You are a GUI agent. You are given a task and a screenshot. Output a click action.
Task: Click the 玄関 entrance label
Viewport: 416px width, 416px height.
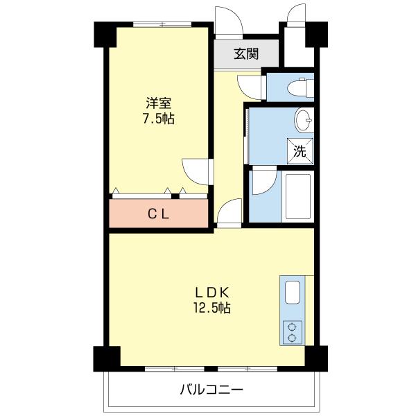pyautogui.click(x=245, y=54)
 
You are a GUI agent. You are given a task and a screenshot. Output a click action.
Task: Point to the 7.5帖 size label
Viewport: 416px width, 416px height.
pyautogui.click(x=159, y=119)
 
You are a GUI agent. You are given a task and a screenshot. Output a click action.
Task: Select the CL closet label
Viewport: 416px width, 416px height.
pyautogui.click(x=159, y=214)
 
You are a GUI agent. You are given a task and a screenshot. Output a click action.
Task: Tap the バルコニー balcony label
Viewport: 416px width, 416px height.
pyautogui.click(x=211, y=390)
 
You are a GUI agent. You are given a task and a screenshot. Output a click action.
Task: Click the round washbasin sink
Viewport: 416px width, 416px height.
pyautogui.click(x=305, y=120)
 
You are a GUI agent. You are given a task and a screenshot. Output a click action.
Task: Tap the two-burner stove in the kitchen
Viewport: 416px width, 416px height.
pyautogui.click(x=292, y=331)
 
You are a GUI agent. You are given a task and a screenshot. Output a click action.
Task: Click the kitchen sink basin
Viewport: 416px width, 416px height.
pyautogui.click(x=292, y=293)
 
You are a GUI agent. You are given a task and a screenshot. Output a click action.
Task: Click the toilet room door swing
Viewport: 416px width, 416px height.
pyautogui.click(x=248, y=86)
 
